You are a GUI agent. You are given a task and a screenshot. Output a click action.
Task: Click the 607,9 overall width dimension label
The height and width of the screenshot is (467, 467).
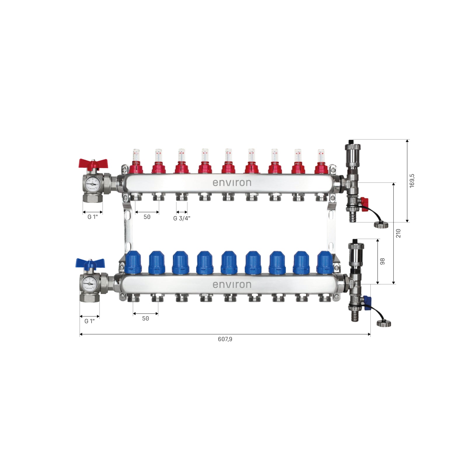[225, 339]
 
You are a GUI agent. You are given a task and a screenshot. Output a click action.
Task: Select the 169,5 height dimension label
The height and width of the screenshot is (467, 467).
[412, 181]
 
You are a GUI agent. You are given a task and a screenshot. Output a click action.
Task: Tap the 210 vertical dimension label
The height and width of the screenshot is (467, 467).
[398, 233]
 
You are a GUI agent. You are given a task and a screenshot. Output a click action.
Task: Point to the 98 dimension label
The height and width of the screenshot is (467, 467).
[382, 261]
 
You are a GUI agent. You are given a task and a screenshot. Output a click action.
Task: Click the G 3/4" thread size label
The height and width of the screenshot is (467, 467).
[182, 218]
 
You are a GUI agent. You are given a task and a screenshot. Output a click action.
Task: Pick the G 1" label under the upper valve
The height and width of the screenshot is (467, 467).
[93, 217]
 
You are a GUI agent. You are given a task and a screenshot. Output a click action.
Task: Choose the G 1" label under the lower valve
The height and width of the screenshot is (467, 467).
[90, 321]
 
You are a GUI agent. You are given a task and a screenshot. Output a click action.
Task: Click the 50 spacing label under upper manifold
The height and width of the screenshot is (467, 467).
[147, 217]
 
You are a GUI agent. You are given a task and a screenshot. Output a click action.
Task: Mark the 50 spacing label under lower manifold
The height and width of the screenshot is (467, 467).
[145, 318]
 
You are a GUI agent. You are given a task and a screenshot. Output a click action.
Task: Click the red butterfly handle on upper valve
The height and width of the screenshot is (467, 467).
[93, 164]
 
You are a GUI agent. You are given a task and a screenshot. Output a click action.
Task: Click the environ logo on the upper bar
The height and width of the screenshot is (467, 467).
[232, 183]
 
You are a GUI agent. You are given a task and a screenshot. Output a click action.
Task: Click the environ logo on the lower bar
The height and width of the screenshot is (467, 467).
[232, 285]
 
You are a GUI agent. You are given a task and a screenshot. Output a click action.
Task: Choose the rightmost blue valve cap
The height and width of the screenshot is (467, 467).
[325, 262]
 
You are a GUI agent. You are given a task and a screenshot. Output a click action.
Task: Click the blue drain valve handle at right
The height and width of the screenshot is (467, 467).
[367, 302]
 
